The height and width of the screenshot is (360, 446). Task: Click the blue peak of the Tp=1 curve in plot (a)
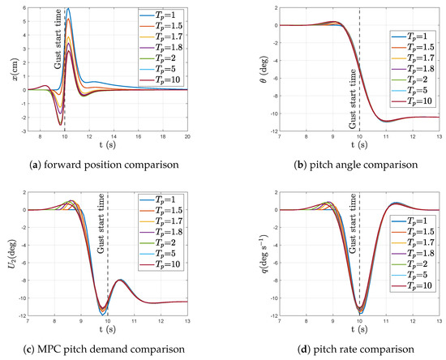tap(68, 9)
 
